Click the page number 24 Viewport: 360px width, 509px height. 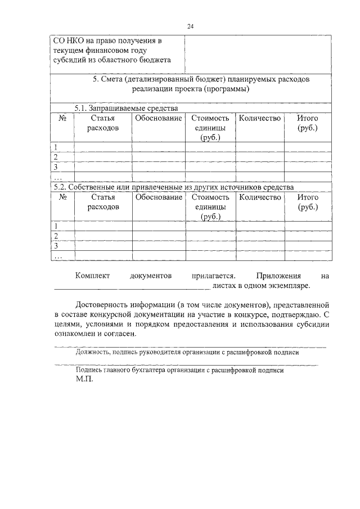click(x=191, y=26)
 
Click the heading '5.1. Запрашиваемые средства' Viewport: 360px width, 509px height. click(x=127, y=108)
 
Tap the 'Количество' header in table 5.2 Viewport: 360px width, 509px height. click(x=259, y=197)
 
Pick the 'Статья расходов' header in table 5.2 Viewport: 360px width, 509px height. click(x=103, y=202)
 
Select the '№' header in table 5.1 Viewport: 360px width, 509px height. click(x=63, y=119)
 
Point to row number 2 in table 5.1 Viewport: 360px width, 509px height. click(x=56, y=157)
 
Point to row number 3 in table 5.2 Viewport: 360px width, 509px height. click(x=56, y=246)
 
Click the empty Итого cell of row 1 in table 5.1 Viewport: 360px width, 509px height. click(x=308, y=147)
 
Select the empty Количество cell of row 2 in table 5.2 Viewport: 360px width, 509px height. click(x=259, y=236)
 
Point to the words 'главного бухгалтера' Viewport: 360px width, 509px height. click(x=132, y=371)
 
